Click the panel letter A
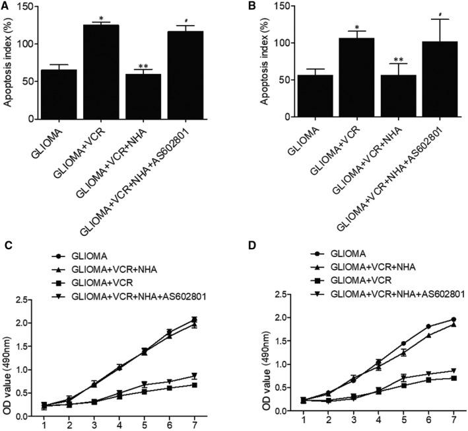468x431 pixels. [5, 7]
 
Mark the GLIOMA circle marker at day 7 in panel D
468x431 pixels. [435, 320]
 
